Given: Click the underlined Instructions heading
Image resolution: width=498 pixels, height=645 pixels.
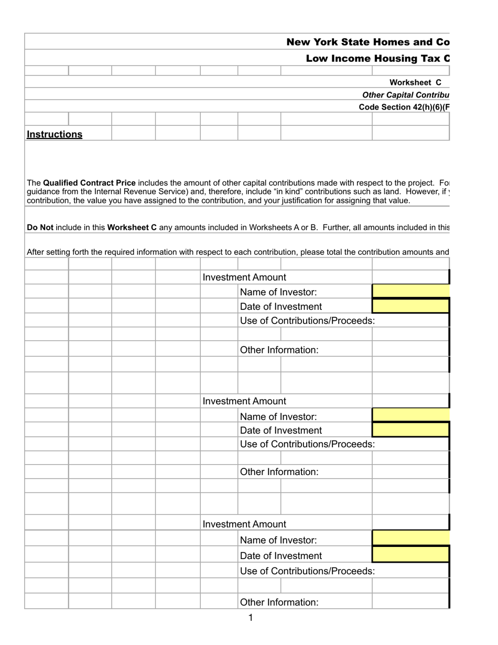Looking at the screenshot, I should (55, 134).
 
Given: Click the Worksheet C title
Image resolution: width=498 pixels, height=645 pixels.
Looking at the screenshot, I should (415, 82).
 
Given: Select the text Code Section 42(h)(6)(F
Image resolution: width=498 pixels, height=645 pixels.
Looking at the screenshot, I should (404, 107).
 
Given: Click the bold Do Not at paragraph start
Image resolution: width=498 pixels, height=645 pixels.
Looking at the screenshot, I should (40, 228).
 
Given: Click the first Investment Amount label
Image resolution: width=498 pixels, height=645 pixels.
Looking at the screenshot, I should (244, 277).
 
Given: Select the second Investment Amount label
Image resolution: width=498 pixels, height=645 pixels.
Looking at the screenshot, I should (244, 401).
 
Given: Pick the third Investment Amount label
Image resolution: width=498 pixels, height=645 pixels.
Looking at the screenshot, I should (244, 524).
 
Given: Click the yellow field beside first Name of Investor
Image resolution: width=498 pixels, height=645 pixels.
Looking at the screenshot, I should (410, 292).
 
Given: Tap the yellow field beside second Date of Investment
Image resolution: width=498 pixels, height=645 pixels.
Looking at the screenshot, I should (410, 431).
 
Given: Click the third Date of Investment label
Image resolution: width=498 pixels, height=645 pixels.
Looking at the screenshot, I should (280, 556).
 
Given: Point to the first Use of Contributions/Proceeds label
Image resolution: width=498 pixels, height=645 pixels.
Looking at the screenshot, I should (307, 321).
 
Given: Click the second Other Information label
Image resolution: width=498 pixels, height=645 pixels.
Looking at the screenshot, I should (279, 472).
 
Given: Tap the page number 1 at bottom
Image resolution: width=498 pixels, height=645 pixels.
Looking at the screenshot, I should (251, 618).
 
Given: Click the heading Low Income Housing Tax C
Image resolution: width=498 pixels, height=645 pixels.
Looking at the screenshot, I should (377, 58).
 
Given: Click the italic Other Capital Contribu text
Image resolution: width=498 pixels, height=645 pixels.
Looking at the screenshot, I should (406, 95).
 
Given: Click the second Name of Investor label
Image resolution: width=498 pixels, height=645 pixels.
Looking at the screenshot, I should (278, 417).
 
